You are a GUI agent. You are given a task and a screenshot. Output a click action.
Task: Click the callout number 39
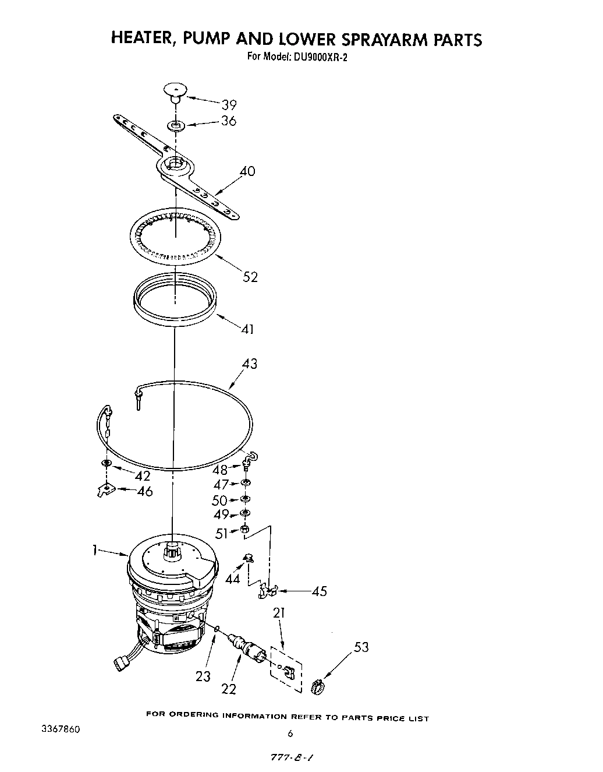[229, 105]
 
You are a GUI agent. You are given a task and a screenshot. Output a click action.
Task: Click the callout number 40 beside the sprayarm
[247, 171]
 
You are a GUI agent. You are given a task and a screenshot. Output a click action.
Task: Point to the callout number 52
[250, 277]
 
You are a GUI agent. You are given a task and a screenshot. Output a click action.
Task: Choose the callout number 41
[247, 329]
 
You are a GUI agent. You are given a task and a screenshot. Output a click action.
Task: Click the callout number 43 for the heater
[249, 364]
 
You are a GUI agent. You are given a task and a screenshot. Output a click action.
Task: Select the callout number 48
[219, 470]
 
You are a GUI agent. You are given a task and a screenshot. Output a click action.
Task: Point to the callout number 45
[319, 592]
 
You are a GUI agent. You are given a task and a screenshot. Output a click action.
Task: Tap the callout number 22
[229, 688]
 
